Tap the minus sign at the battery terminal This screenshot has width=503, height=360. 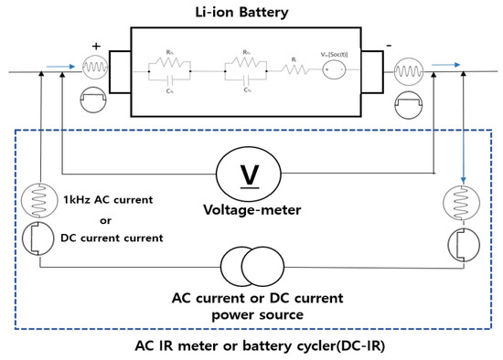391,44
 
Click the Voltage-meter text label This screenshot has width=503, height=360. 247,207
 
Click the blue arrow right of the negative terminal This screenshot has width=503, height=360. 444,65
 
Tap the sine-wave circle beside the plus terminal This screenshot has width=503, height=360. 96,69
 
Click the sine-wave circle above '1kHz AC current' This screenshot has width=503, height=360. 34,200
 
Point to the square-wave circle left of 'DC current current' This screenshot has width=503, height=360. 34,237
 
